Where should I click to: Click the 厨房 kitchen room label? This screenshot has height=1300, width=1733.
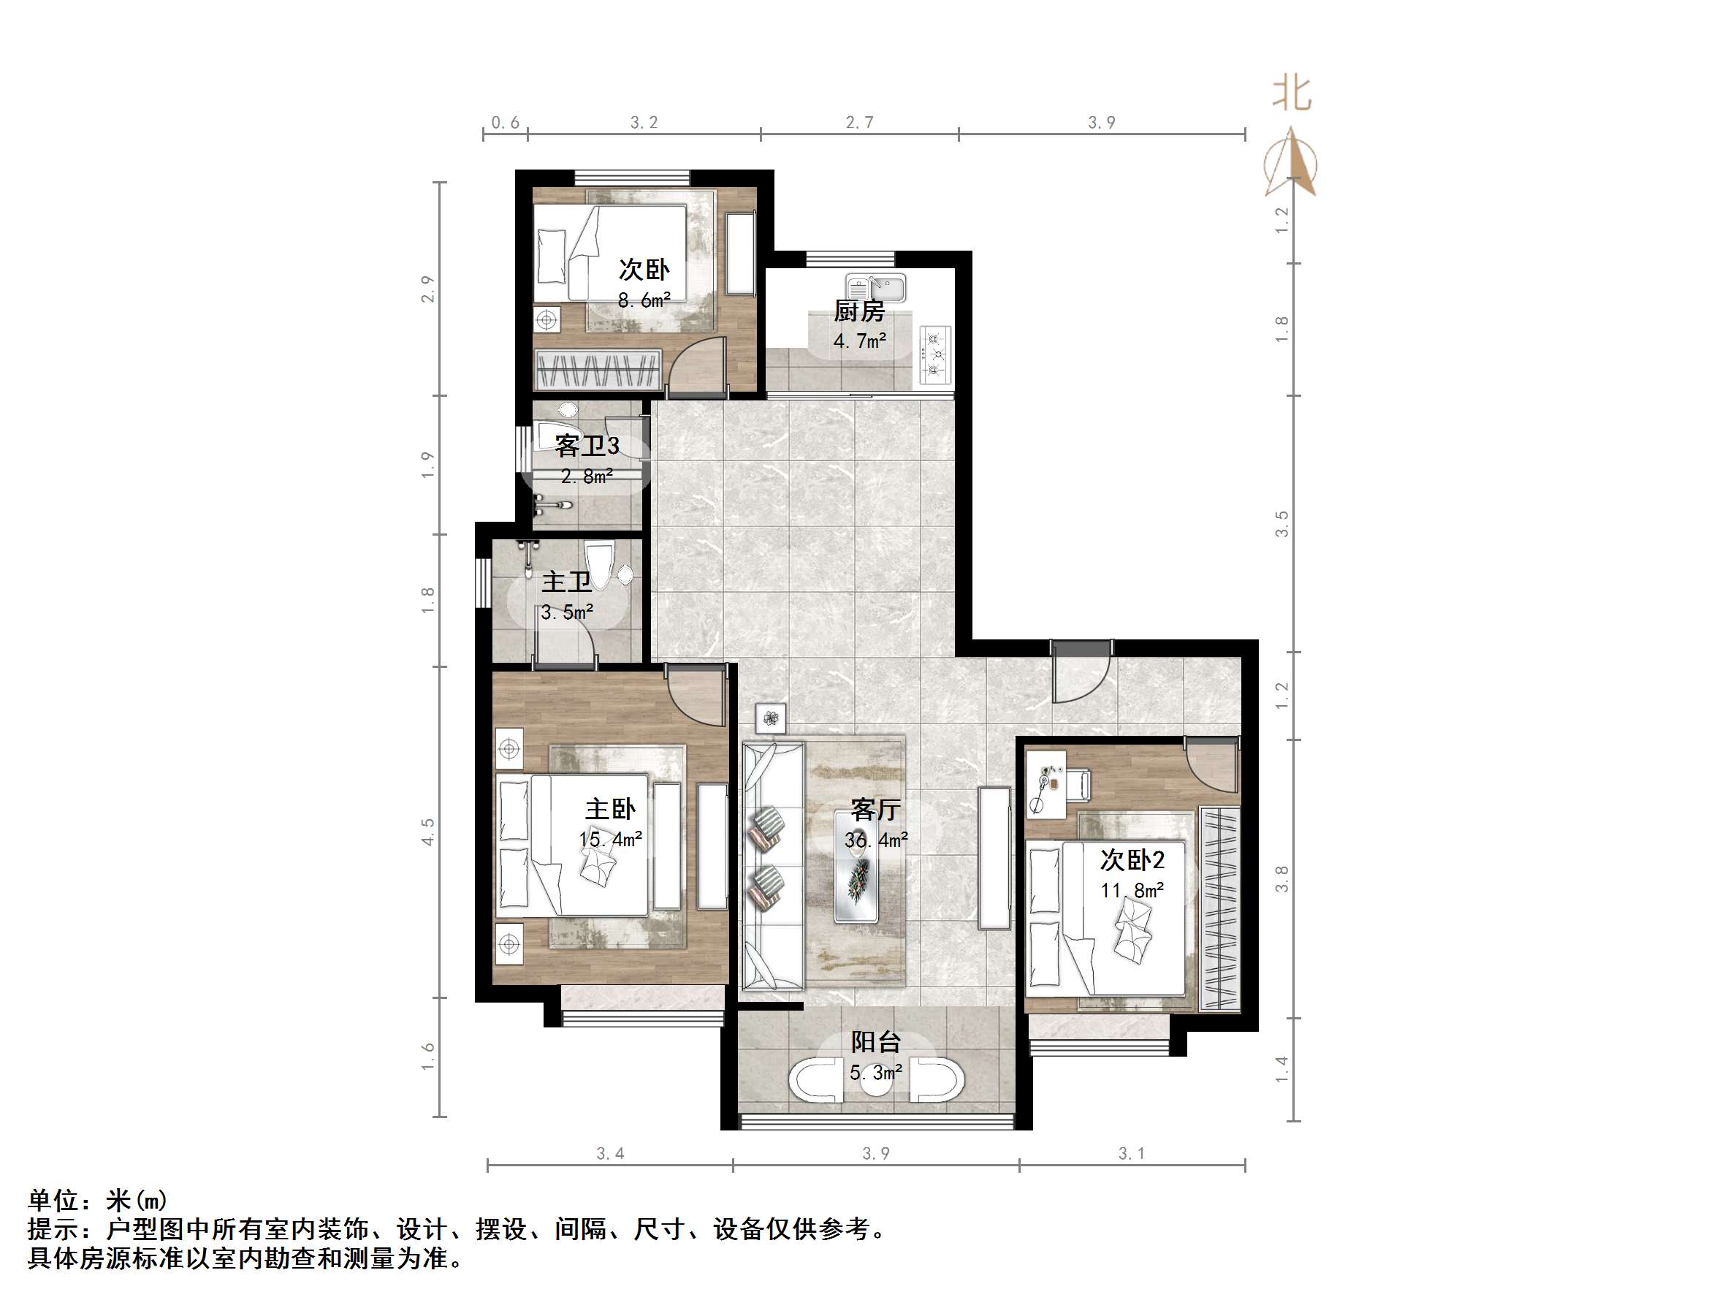[x=858, y=312]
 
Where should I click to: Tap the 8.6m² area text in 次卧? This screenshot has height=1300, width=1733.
[x=643, y=300]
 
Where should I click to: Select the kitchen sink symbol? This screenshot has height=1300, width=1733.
[x=875, y=288]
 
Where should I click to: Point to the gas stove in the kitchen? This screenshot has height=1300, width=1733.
[x=934, y=355]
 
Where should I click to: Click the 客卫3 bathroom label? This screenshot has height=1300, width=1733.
[x=587, y=446]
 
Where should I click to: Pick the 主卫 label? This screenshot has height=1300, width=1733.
[x=566, y=582]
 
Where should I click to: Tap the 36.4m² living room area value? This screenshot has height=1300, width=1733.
[x=875, y=840]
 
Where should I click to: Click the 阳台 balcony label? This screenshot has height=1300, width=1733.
[x=875, y=1042]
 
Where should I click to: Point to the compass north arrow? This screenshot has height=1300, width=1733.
[x=1292, y=164]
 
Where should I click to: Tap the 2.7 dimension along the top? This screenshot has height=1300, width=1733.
[x=858, y=122]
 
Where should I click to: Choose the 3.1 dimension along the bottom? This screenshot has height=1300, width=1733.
[x=1130, y=1153]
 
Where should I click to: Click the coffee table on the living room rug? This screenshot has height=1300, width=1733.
[x=860, y=867]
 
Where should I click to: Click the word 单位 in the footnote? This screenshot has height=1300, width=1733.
[x=53, y=1201]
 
